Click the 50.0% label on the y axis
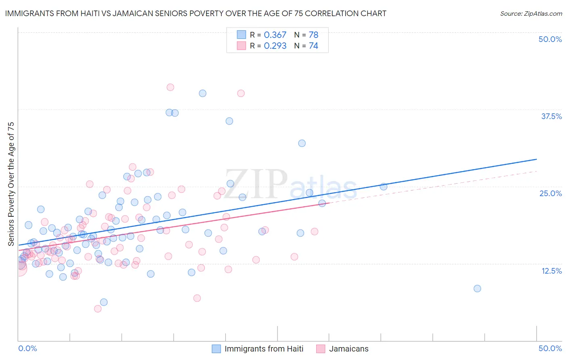pyautogui.click(x=550, y=39)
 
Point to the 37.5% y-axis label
pyautogui.click(x=551, y=116)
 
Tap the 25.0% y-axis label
pyautogui.click(x=550, y=193)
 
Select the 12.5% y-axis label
pyautogui.click(x=551, y=271)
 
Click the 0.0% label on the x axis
pyautogui.click(x=27, y=348)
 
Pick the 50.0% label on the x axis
pyautogui.click(x=550, y=348)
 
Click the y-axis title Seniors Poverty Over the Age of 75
pyautogui.click(x=11, y=184)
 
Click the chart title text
pyautogui.click(x=196, y=13)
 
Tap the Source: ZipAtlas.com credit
pyautogui.click(x=531, y=13)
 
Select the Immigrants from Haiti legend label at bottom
pyautogui.click(x=264, y=349)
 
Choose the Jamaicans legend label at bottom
pyautogui.click(x=349, y=349)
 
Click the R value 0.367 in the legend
pyautogui.click(x=275, y=35)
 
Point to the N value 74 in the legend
pyautogui.click(x=313, y=46)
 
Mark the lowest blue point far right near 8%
pyautogui.click(x=477, y=289)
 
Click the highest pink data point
pyautogui.click(x=170, y=87)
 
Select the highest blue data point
pyautogui.click(x=202, y=93)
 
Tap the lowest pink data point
pyautogui.click(x=98, y=309)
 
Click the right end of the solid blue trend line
pyautogui.click(x=536, y=159)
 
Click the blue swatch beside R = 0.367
pyautogui.click(x=241, y=35)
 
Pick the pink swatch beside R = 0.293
pyautogui.click(x=241, y=46)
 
